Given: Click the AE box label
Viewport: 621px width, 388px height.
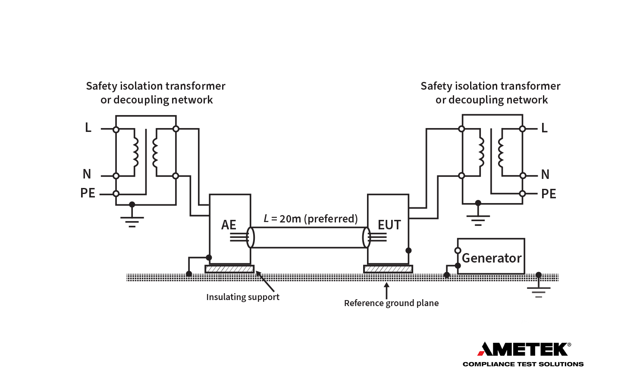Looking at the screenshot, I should click(229, 225).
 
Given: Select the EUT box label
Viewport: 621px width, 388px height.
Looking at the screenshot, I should click(389, 225).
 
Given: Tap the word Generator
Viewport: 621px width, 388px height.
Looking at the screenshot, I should click(492, 258).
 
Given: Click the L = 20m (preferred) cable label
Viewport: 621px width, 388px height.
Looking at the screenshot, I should click(310, 219).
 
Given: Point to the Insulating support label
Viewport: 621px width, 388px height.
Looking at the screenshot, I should click(242, 297).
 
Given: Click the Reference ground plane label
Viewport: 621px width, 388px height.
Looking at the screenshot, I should click(391, 303).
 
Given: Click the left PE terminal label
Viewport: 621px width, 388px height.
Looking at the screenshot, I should click(88, 193).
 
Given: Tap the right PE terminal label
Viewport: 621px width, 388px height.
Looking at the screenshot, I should click(549, 194).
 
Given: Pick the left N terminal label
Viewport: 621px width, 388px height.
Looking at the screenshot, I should click(87, 174).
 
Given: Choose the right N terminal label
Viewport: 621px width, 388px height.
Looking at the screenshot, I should click(545, 175).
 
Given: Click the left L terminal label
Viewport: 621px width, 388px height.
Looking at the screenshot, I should click(88, 128).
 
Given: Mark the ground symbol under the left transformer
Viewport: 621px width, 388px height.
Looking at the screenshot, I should click(132, 219).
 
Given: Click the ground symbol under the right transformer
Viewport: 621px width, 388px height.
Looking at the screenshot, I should click(478, 219).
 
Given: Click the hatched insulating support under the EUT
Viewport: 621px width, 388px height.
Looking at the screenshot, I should click(388, 269).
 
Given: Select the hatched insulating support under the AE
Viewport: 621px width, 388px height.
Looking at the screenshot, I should click(229, 269).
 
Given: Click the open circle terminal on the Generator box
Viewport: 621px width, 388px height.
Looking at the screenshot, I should click(458, 250).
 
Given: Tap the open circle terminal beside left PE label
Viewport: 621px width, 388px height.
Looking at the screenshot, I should click(116, 194).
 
